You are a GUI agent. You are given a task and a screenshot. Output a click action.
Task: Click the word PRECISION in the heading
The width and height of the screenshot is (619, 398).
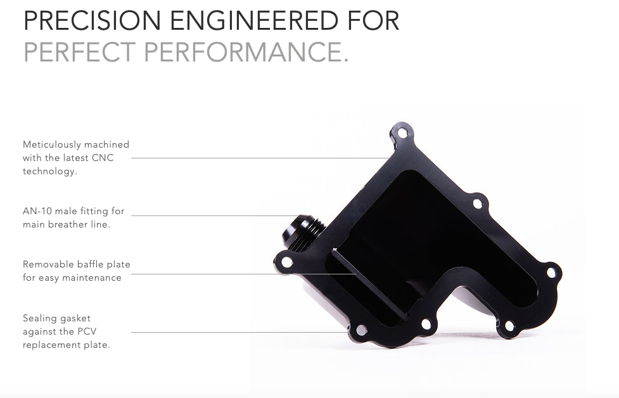[93, 20]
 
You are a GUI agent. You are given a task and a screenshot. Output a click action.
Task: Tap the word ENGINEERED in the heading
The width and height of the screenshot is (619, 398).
[254, 20]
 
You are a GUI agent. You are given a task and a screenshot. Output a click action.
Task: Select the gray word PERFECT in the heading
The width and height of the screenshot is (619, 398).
[80, 52]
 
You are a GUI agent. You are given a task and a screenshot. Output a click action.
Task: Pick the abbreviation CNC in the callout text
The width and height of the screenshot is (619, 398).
[103, 158]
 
